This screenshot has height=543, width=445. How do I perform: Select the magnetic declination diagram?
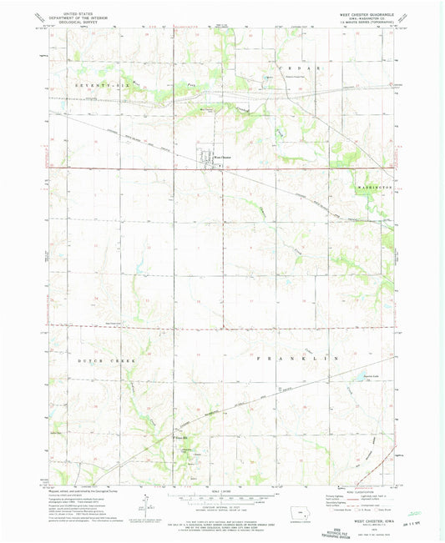point(144,505)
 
